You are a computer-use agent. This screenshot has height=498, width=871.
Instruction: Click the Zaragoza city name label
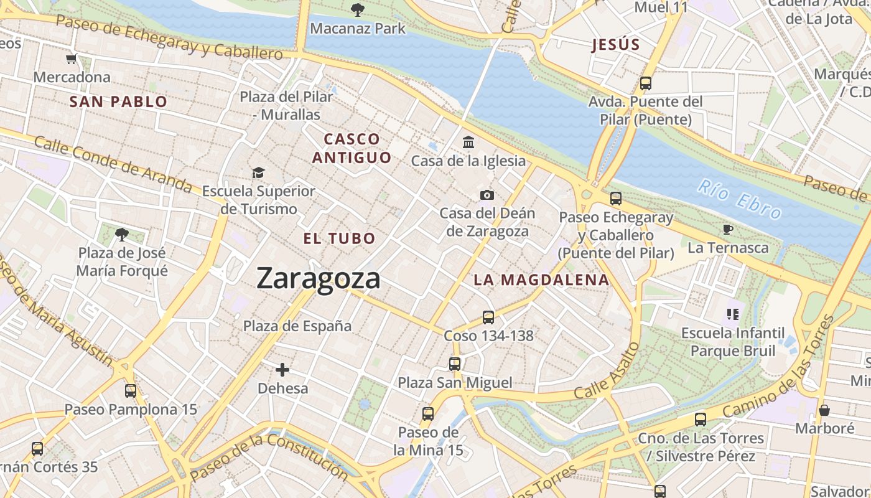pos(318,278)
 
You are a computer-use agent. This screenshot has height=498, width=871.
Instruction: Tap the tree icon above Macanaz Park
pos(358,9)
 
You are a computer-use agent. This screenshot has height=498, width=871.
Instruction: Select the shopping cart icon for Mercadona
pos(72,59)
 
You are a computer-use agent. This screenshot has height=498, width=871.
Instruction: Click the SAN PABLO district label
pos(118,101)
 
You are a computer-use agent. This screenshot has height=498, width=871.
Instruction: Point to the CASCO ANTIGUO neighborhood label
pos(352,148)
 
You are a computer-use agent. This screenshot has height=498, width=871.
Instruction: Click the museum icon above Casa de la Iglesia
pos(468,143)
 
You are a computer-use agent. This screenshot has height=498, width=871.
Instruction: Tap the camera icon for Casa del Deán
pos(487,195)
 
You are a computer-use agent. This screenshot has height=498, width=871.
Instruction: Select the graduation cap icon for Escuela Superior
pos(258,172)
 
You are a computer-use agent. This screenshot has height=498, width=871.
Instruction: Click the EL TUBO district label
pos(340,238)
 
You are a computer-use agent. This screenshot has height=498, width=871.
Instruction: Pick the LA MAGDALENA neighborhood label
pos(541,280)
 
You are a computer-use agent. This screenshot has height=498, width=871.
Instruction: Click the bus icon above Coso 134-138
pos(488,317)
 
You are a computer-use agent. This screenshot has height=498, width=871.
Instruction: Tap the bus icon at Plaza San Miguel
pos(455,364)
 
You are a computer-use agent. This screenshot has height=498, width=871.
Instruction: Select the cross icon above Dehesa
pos(282,370)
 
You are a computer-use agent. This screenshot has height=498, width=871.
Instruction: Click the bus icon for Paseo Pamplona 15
pos(131,391)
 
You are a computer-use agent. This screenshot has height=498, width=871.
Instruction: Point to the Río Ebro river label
pos(739,199)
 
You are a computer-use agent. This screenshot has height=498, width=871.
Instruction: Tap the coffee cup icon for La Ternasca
pos(727,230)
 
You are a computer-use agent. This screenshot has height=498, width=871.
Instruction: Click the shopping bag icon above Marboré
pos(824,410)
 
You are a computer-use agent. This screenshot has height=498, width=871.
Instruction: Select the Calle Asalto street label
pos(607,372)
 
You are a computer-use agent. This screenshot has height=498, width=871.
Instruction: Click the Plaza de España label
pos(297,326)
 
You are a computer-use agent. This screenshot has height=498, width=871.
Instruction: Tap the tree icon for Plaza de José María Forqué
pos(122,235)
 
